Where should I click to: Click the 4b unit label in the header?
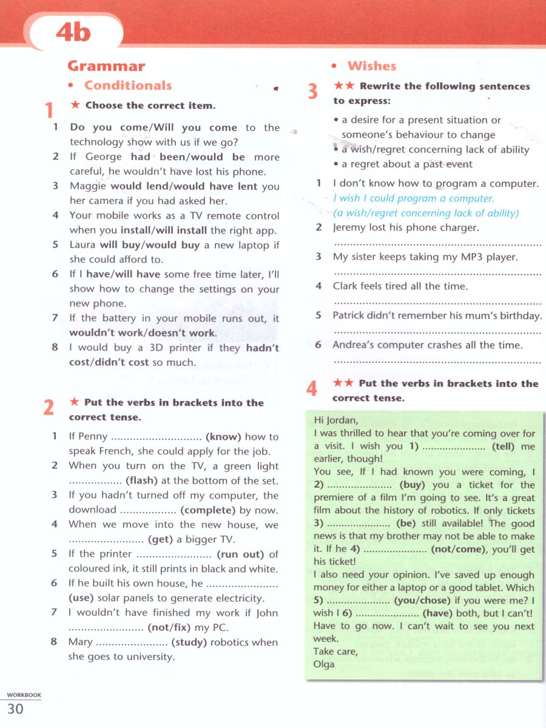pyautogui.click(x=73, y=32)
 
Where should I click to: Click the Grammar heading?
pyautogui.click(x=106, y=66)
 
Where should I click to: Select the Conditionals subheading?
pyautogui.click(x=127, y=86)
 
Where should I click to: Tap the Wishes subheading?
pyautogui.click(x=371, y=66)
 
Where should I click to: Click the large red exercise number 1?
pyautogui.click(x=49, y=111)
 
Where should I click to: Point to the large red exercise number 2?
pyautogui.click(x=49, y=408)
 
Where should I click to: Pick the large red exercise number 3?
pyautogui.click(x=312, y=92)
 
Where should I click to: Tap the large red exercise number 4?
pyautogui.click(x=312, y=388)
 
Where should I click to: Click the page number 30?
pyautogui.click(x=15, y=708)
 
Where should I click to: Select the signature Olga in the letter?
pyautogui.click(x=324, y=664)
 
